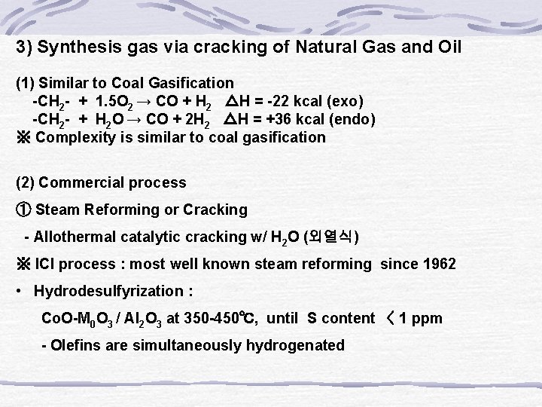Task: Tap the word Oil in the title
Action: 444,47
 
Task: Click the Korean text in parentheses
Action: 330,237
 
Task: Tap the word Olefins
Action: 75,346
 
